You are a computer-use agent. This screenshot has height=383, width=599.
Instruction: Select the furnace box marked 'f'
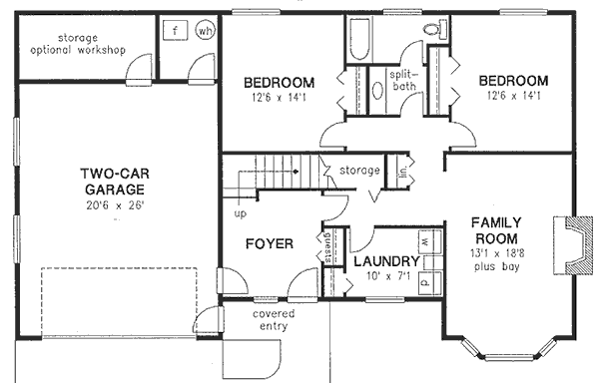click(x=175, y=30)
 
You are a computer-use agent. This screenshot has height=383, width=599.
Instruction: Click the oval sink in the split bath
click(x=378, y=92)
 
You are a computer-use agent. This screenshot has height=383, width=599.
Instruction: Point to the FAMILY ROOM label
click(x=494, y=231)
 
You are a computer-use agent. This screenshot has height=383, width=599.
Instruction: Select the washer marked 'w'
click(x=425, y=242)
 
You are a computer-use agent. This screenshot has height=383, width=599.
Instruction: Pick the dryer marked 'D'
click(x=425, y=281)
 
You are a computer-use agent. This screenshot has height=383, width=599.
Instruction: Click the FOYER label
click(x=270, y=242)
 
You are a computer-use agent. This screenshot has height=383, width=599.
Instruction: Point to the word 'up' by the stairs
click(x=240, y=213)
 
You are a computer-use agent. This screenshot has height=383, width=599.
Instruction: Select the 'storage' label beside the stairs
click(x=359, y=171)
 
